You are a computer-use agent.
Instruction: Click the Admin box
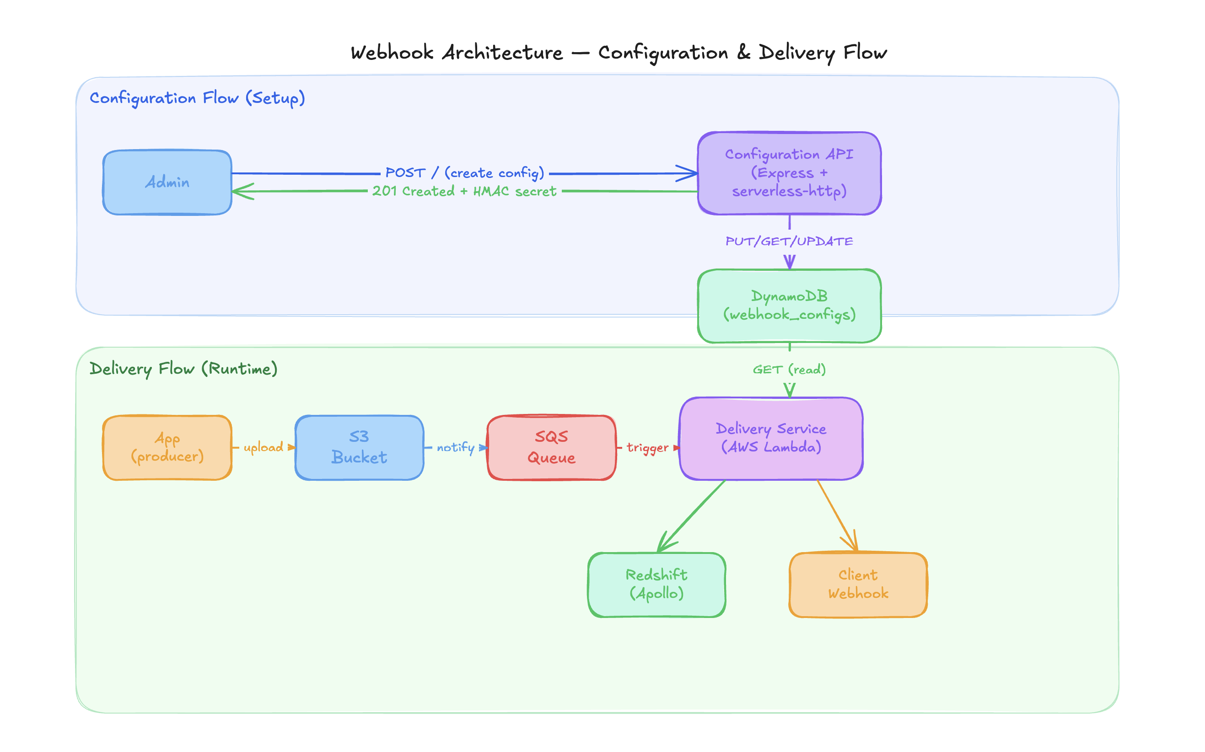click(x=167, y=183)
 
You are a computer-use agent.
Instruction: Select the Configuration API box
click(x=789, y=173)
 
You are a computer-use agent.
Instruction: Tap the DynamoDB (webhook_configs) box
click(x=789, y=306)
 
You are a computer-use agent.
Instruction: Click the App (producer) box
click(x=167, y=448)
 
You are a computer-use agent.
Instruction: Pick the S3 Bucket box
click(x=359, y=448)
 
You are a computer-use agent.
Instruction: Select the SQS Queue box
click(x=551, y=448)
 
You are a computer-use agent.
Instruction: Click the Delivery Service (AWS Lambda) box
click(x=770, y=438)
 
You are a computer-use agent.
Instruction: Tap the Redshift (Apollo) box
click(x=656, y=585)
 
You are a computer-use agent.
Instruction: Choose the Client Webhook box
click(x=857, y=585)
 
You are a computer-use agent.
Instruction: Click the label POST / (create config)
click(x=464, y=173)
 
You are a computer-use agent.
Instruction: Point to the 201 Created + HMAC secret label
click(x=464, y=192)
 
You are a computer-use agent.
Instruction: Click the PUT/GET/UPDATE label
click(x=789, y=242)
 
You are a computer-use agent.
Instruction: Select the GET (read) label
click(x=789, y=370)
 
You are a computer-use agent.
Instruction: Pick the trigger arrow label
click(x=647, y=448)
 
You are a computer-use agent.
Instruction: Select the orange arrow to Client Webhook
click(x=836, y=515)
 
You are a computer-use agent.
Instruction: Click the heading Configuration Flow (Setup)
click(x=197, y=98)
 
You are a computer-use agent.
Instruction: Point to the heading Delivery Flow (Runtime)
click(x=183, y=369)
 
